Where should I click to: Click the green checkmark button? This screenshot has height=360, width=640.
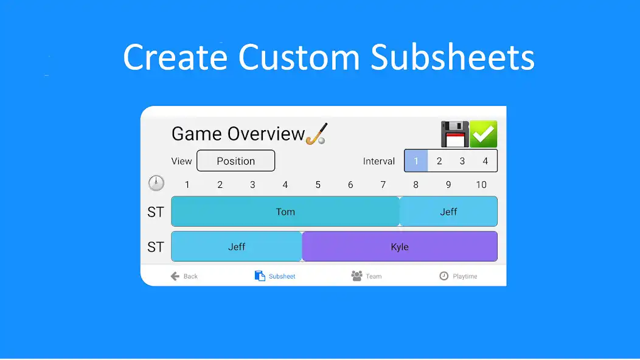pyautogui.click(x=484, y=134)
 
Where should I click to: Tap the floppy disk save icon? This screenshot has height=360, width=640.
pyautogui.click(x=454, y=134)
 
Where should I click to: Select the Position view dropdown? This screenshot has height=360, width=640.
pyautogui.click(x=236, y=161)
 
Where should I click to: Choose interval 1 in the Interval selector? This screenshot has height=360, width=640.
pyautogui.click(x=417, y=161)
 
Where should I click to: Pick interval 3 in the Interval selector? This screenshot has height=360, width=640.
pyautogui.click(x=462, y=161)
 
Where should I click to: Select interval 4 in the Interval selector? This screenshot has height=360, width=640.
pyautogui.click(x=485, y=161)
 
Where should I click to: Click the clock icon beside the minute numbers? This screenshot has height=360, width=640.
pyautogui.click(x=156, y=183)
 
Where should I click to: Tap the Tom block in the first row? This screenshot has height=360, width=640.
pyautogui.click(x=285, y=212)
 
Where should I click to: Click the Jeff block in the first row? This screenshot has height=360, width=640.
pyautogui.click(x=448, y=212)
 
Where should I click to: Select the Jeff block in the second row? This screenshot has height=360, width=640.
pyautogui.click(x=237, y=247)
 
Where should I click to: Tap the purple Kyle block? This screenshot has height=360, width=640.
pyautogui.click(x=400, y=247)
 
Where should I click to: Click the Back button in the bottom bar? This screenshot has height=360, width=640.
pyautogui.click(x=184, y=276)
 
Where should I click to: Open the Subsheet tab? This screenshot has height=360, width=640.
pyautogui.click(x=275, y=276)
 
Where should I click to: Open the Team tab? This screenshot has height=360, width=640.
pyautogui.click(x=366, y=276)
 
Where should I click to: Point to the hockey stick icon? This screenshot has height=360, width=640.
pyautogui.click(x=316, y=134)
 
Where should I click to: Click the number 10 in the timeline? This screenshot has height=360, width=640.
pyautogui.click(x=481, y=185)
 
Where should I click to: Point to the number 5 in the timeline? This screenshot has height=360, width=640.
pyautogui.click(x=318, y=185)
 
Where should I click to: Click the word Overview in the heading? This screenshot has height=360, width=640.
pyautogui.click(x=266, y=134)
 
